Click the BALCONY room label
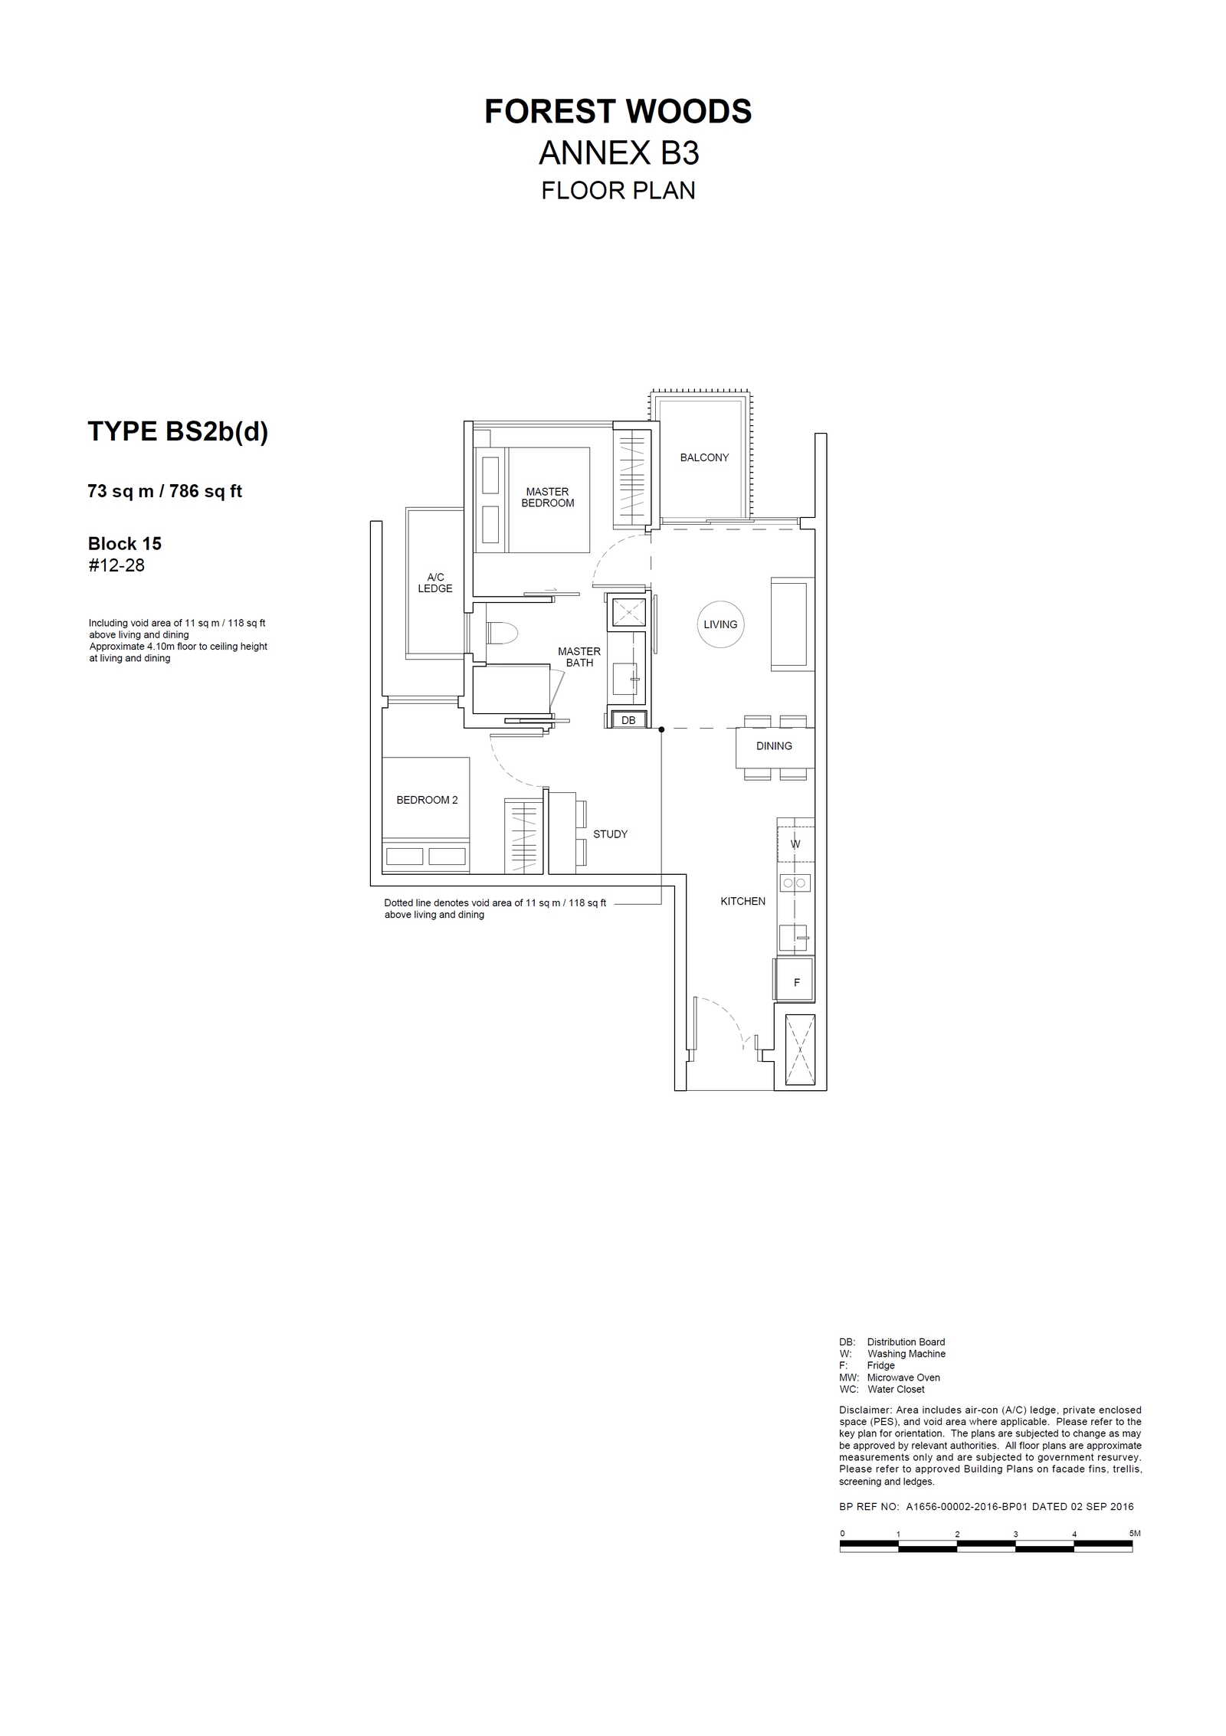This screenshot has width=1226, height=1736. coord(704,457)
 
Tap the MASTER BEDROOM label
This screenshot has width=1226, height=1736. coord(547,497)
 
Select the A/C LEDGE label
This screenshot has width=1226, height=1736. coord(435,582)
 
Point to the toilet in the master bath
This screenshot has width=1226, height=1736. coord(502,633)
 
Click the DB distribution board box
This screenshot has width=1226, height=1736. coord(628,720)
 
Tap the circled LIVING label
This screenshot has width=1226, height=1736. coord(720,624)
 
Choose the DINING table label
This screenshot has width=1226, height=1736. coord(774,745)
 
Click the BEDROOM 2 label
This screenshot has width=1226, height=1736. coord(427,800)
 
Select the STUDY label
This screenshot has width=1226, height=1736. coord(610,834)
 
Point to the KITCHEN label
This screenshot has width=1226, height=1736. coord(742,901)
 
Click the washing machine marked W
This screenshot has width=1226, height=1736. coord(795,844)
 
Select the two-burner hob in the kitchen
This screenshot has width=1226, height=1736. coord(795,883)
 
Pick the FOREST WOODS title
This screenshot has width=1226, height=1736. coord(618,112)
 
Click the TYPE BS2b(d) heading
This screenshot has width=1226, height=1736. coord(178,431)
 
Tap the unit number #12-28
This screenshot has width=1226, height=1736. coord(116,565)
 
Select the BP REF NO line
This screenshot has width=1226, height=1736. coord(986,1506)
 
